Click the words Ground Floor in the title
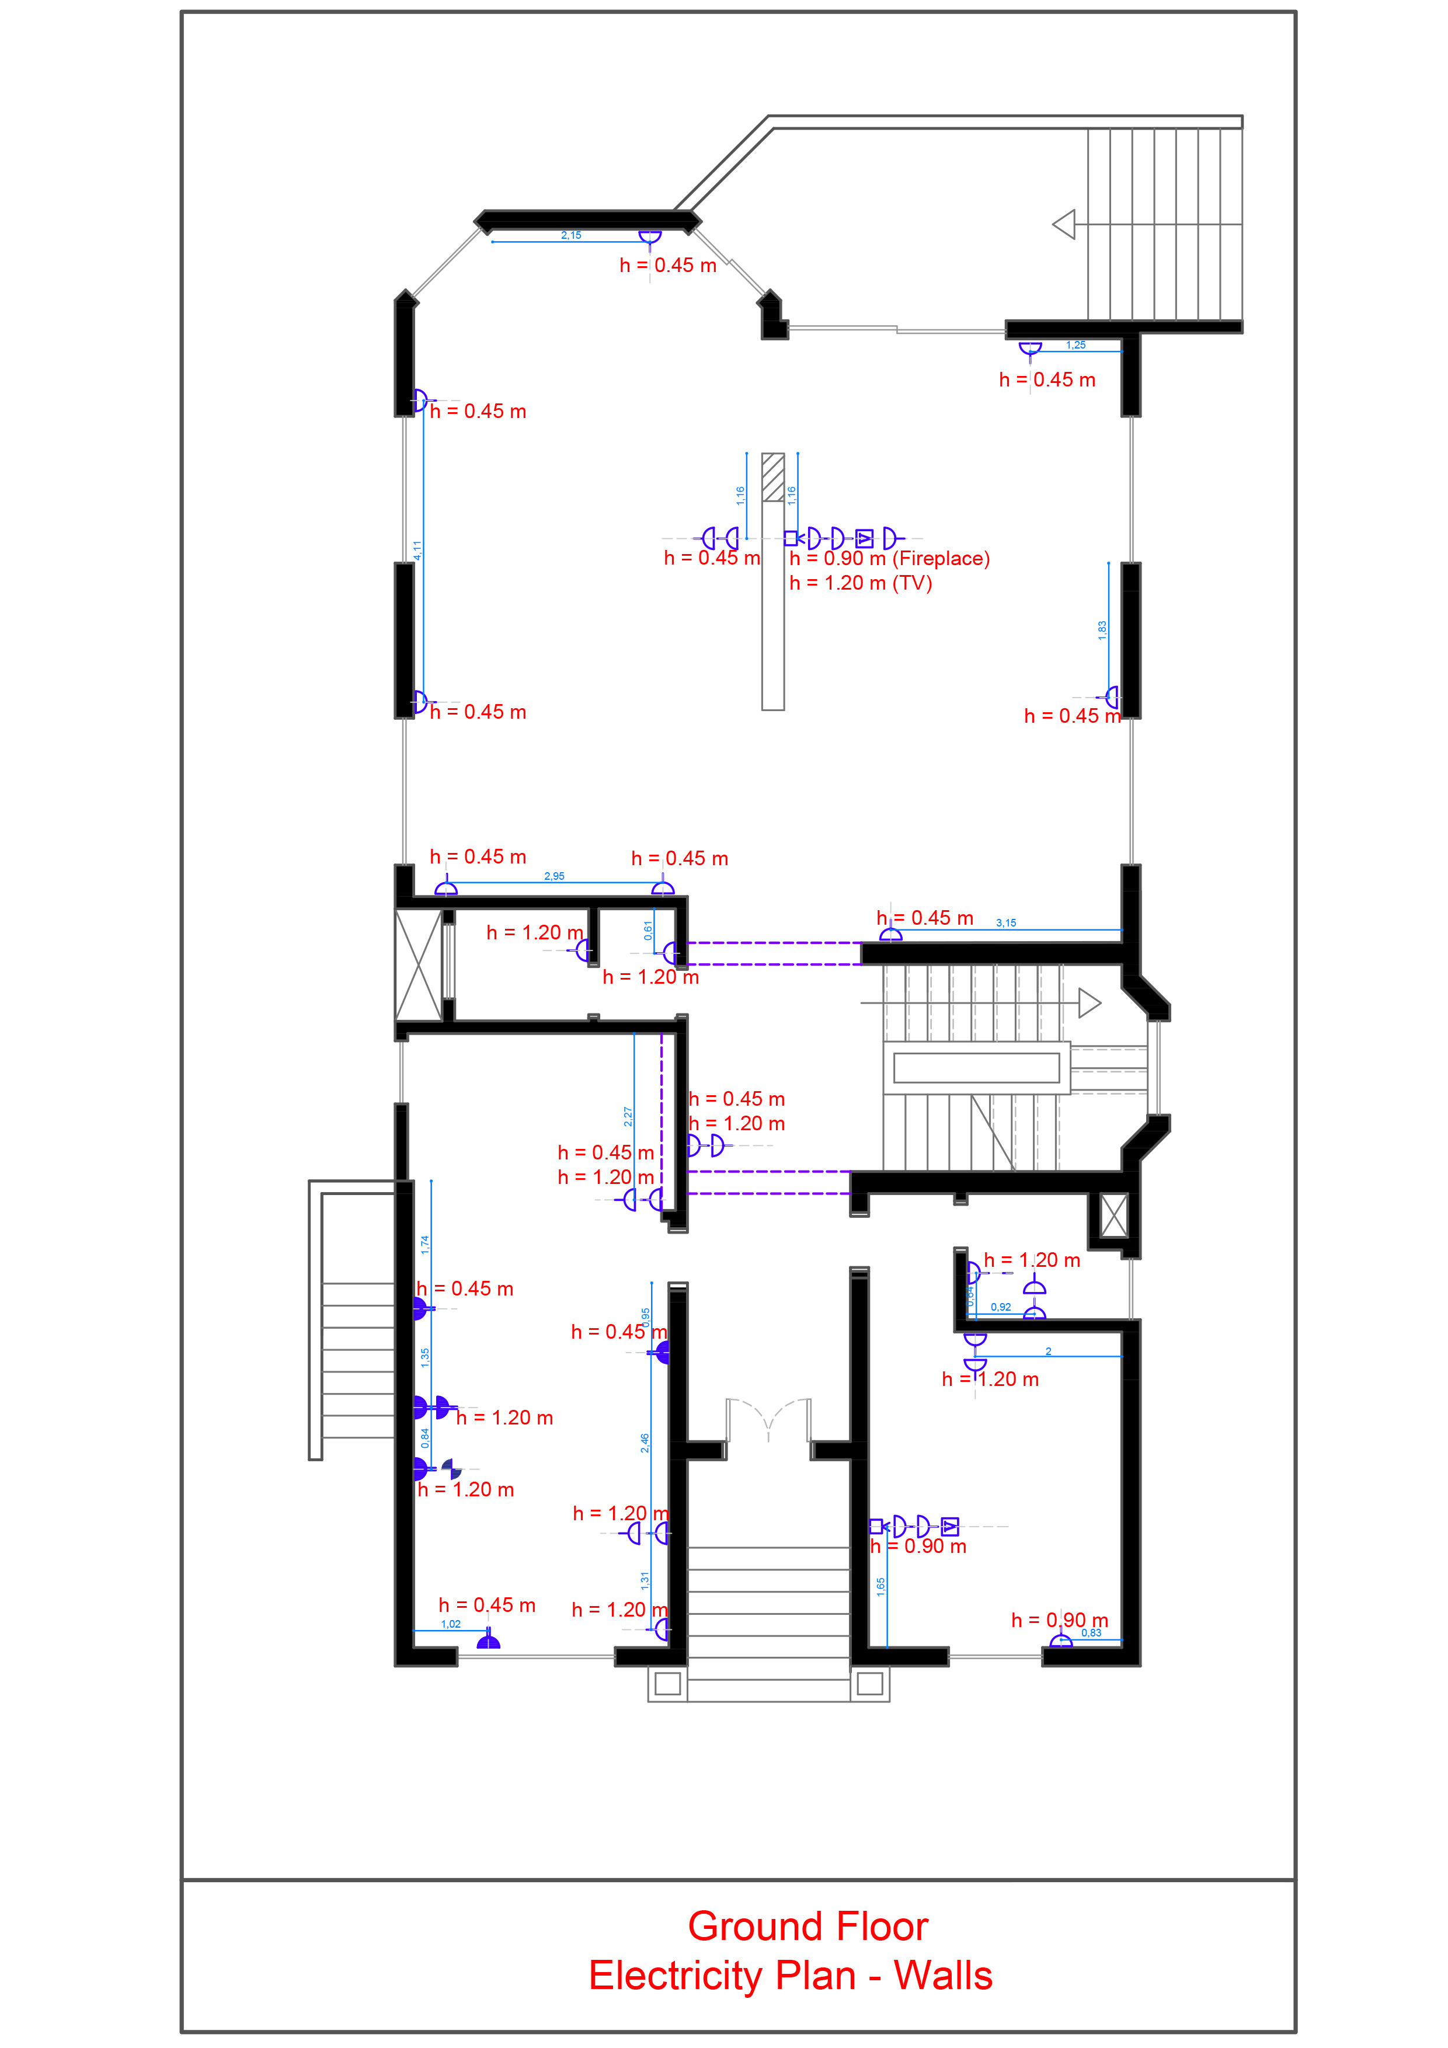807,1926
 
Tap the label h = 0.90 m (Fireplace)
889,558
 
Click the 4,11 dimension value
417,551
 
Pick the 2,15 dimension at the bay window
571,235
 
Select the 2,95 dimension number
554,876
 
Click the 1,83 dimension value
1102,630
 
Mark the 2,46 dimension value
644,1443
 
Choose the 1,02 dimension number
451,1624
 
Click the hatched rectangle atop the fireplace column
772,477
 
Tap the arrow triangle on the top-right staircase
1064,224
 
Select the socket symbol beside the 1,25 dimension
1031,349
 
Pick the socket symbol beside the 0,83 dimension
1061,1639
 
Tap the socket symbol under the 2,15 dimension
649,237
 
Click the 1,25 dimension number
1076,345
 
